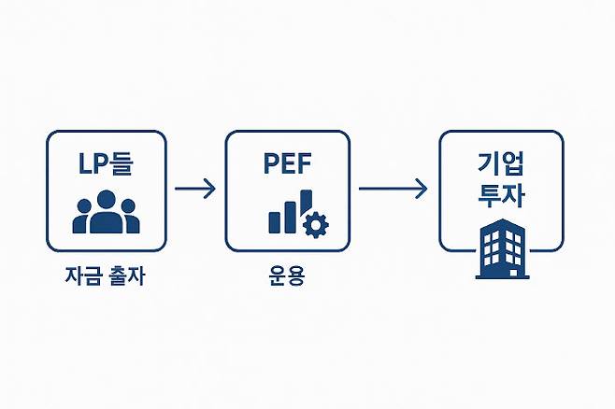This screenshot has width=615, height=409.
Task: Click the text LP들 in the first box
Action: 106,163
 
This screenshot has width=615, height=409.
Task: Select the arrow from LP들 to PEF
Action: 194,189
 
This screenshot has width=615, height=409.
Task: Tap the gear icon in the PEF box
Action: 318,223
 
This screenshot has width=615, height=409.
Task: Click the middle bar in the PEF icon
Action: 290,216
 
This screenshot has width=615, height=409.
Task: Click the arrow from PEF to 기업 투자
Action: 393,189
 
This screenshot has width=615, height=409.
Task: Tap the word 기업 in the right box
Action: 501,165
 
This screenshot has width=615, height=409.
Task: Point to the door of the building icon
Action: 502,271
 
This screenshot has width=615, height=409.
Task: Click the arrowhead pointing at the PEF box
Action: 211,189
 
